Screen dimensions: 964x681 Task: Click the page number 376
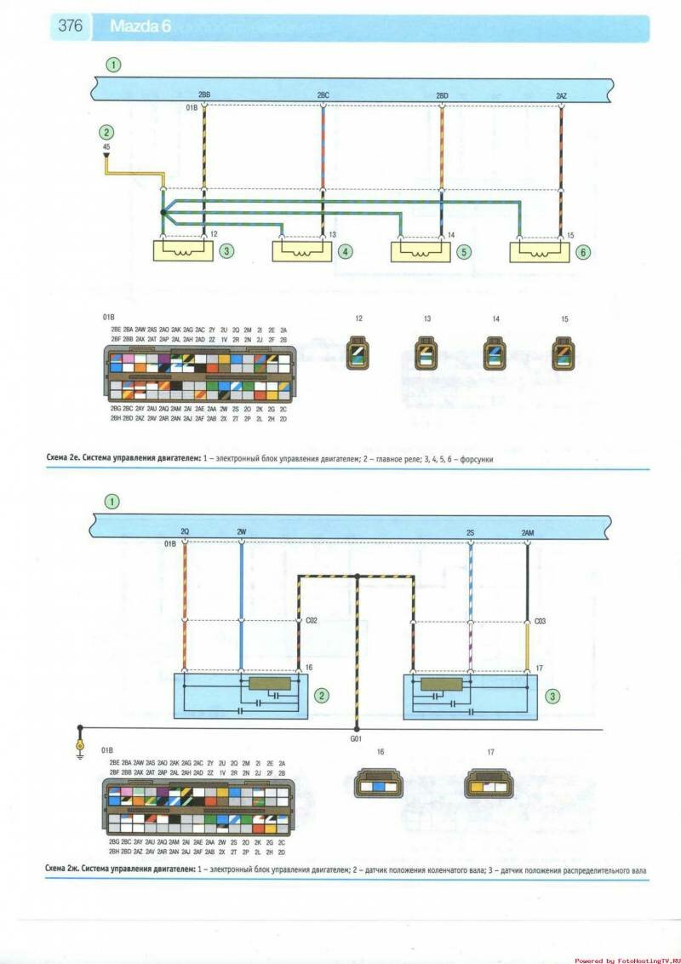click(70, 26)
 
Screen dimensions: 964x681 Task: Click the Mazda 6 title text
click(140, 26)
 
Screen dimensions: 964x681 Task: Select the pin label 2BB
click(204, 95)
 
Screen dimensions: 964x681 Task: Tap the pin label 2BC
click(323, 95)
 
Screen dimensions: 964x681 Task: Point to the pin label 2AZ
click(561, 95)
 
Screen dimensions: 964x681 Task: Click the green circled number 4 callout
click(344, 251)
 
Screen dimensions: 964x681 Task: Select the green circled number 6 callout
click(582, 251)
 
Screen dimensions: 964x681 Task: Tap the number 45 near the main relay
click(106, 148)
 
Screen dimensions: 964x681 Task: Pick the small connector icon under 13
click(426, 353)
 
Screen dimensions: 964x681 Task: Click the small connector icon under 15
click(562, 353)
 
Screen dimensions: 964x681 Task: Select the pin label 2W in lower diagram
click(242, 531)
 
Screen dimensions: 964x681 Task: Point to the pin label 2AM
click(528, 531)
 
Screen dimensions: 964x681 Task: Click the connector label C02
click(311, 622)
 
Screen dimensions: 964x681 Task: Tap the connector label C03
click(539, 622)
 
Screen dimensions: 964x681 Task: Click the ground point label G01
click(357, 739)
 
